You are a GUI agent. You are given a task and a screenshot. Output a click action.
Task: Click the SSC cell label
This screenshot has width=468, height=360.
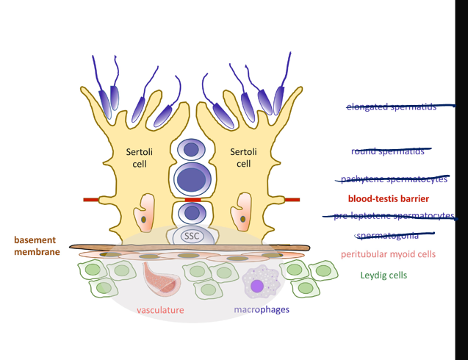[x=192, y=236]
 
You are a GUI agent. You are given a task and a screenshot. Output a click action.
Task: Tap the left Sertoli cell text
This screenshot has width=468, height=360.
[x=139, y=157]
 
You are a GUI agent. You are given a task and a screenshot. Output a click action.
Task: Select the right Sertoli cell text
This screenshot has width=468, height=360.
[x=243, y=157]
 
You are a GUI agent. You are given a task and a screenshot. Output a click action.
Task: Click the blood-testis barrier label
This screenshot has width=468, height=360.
[x=388, y=198]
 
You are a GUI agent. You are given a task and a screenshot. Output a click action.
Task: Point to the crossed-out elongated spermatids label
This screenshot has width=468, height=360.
[x=392, y=107]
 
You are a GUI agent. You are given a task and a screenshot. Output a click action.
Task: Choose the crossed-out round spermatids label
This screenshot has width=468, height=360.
[x=389, y=151]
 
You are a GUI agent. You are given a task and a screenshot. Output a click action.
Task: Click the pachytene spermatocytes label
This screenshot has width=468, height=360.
[x=393, y=179]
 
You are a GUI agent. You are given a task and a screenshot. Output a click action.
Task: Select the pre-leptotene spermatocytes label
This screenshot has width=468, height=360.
[x=393, y=216]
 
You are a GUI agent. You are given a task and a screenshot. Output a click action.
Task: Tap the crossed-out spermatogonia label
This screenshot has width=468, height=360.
[x=387, y=235]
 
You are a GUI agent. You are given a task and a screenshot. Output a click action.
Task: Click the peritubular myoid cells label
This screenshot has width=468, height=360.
[x=388, y=254]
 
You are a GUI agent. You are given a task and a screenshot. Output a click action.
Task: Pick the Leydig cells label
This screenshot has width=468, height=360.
[x=384, y=276]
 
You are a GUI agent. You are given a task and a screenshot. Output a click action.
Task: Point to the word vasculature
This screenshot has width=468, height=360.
[x=160, y=310]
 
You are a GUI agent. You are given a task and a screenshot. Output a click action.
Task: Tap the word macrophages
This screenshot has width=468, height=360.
[x=262, y=310]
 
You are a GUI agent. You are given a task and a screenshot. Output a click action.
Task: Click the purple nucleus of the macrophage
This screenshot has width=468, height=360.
[x=257, y=286]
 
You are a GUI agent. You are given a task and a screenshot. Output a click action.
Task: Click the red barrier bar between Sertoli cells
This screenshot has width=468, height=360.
[x=192, y=199]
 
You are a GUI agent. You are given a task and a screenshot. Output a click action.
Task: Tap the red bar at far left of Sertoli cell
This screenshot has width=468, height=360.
[x=92, y=199]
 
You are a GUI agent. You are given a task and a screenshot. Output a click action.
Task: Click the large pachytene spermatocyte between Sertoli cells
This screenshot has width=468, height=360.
[x=192, y=179]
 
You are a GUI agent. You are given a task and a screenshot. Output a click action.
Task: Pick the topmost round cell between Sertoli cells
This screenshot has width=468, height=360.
[x=191, y=150]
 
